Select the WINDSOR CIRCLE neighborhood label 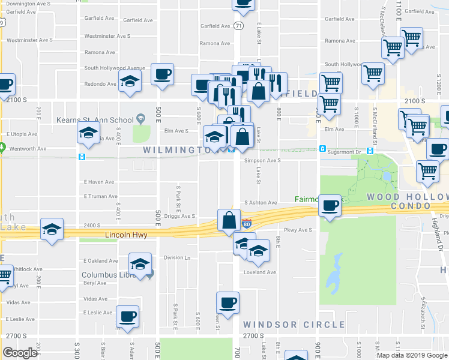pos(294,325)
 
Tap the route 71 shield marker pos(239,26)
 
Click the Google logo pos(20,353)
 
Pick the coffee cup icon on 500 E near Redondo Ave pos(163,74)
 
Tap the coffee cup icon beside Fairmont pos(330,206)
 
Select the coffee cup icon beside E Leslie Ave pos(127,316)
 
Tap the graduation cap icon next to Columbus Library pos(140,264)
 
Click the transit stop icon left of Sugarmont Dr pos(323,149)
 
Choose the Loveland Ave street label pos(259,272)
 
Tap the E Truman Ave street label pos(100,196)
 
